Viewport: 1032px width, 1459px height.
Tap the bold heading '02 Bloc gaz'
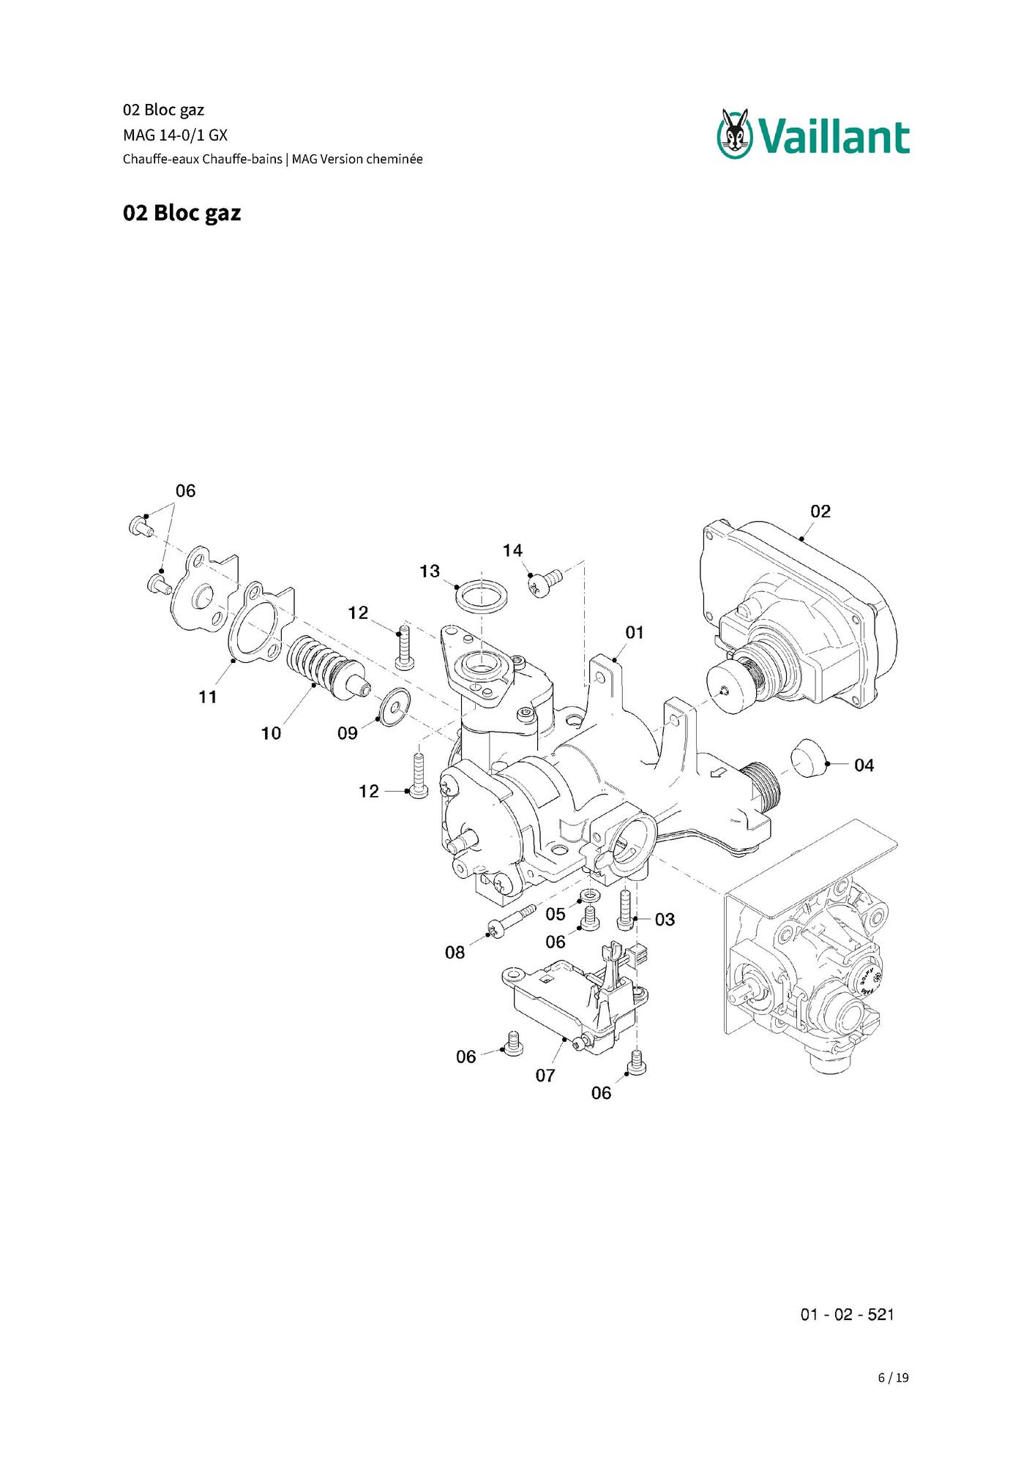[x=182, y=213]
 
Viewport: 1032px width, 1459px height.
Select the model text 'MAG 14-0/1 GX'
[x=175, y=135]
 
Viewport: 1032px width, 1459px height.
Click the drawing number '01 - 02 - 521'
[x=847, y=1314]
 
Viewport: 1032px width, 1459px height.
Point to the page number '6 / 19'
[x=893, y=1378]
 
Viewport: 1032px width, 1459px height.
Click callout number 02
[x=820, y=511]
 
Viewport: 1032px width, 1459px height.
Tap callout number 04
[x=864, y=765]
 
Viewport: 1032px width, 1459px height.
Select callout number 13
[x=430, y=571]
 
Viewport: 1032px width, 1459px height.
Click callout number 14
[x=512, y=550]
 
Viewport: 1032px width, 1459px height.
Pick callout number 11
[x=208, y=697]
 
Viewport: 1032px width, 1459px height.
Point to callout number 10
[x=271, y=733]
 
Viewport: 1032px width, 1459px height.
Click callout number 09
[x=347, y=733]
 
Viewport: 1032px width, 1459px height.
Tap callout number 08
[x=455, y=952]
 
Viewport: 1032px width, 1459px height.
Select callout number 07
[x=545, y=1076]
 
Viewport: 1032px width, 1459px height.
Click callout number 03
[x=665, y=920]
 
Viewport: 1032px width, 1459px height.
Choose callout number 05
[x=556, y=914]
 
